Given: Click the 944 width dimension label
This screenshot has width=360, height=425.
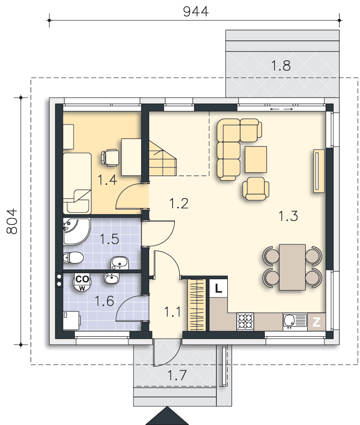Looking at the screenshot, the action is tap(196, 11).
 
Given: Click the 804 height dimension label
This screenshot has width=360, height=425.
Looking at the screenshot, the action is tap(12, 221).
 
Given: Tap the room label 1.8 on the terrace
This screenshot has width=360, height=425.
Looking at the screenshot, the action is tap(281, 65).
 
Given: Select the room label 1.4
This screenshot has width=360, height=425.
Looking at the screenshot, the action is tap(107, 180).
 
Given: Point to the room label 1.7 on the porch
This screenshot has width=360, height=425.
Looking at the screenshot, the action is tap(177, 375).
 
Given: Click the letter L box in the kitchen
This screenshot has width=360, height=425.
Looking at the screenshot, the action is tap(218, 288).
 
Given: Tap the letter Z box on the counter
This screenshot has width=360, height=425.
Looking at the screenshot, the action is tap(316, 322).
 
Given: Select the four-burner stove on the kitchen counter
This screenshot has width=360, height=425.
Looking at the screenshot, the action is tap(245, 322).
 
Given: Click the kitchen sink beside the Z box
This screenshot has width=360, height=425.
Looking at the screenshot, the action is tap(295, 322).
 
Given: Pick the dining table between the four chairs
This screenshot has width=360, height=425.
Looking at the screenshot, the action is tap(292, 267).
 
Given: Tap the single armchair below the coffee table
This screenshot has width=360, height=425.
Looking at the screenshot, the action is tap(255, 189).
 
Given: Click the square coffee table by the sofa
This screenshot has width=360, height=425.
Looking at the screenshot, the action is tap(255, 159).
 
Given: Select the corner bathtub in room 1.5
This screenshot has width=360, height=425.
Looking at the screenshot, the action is tap(76, 231).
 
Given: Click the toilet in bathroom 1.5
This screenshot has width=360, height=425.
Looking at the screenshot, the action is tap(73, 258).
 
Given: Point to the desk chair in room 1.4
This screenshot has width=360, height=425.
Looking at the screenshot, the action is tap(110, 158).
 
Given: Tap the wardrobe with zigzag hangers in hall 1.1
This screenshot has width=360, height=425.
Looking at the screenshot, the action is tap(196, 305).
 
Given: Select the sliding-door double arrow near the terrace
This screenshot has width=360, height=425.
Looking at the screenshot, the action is tap(282, 109).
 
